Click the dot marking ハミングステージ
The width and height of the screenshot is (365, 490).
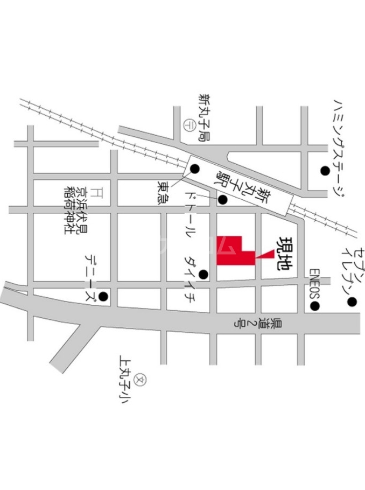pyautogui.click(x=325, y=171)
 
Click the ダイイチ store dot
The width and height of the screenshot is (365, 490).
pyautogui.click(x=203, y=275)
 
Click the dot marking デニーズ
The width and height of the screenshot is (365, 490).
pyautogui.click(x=102, y=296)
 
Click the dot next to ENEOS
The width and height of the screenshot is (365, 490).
pyautogui.click(x=315, y=307)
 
